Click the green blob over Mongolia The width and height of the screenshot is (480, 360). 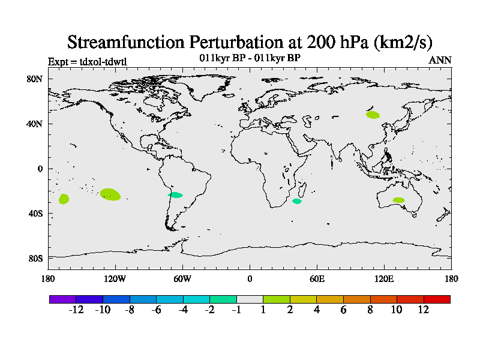(373, 115)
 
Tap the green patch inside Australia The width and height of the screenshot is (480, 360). (398, 200)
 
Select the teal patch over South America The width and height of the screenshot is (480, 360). (175, 195)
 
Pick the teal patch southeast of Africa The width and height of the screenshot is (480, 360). (297, 201)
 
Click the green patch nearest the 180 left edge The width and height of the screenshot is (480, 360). (64, 199)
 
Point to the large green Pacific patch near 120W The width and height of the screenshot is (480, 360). (110, 194)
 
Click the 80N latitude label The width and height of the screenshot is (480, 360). (34, 79)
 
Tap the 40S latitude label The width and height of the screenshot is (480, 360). (35, 214)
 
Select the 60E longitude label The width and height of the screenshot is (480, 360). (317, 279)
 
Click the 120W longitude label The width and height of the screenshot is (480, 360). (115, 279)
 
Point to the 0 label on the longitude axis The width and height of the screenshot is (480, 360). (250, 279)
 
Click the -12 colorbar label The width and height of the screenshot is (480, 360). (76, 310)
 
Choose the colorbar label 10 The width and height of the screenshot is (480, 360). (397, 310)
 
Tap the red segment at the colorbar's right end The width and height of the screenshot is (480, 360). (437, 299)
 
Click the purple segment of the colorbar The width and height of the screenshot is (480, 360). (62, 299)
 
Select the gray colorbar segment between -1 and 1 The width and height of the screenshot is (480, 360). (250, 299)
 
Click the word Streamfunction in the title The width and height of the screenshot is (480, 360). (126, 42)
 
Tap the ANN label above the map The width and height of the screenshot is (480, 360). (440, 60)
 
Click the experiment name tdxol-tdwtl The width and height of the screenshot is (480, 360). (103, 62)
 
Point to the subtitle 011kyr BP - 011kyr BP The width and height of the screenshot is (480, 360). (250, 58)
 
